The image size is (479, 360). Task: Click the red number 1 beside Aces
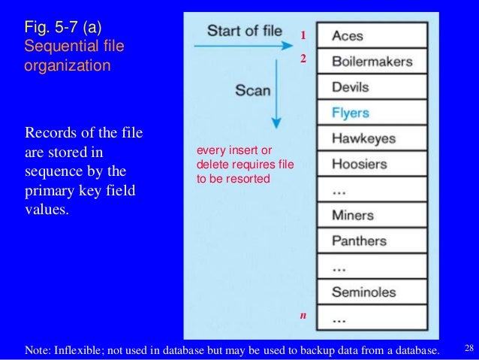click(303, 35)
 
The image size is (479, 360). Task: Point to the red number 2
click(303, 58)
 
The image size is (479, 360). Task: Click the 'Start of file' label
click(244, 30)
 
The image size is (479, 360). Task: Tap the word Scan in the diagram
click(252, 90)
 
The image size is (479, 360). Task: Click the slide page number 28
click(469, 347)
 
